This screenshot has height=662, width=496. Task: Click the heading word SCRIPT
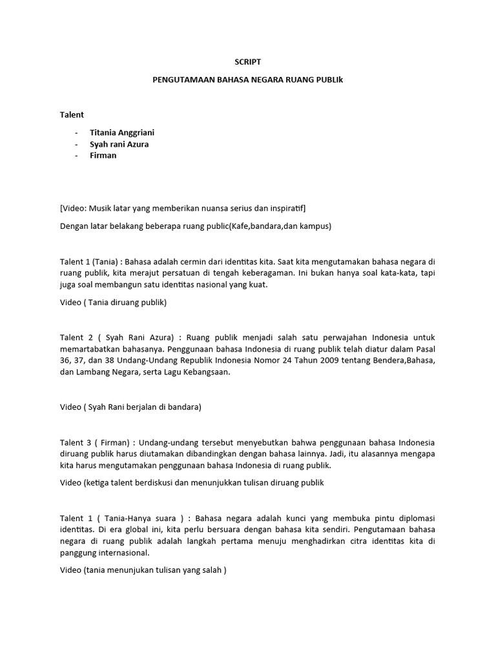click(x=247, y=62)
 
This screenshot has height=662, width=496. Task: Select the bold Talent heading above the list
click(x=72, y=114)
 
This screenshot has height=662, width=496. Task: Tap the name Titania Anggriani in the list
click(x=121, y=133)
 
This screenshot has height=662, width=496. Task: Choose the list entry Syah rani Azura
click(x=119, y=144)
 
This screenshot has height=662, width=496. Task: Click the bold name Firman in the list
click(x=103, y=156)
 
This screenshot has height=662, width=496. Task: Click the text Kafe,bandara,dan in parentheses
click(x=262, y=226)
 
